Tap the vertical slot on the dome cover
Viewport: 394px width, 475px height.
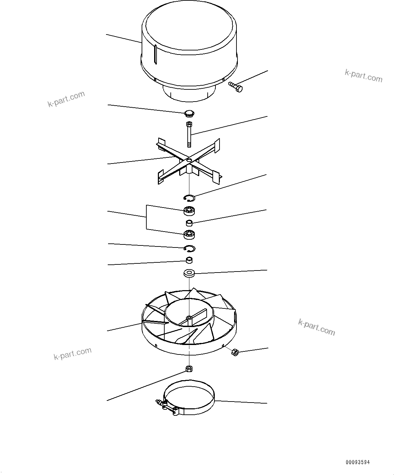pyautogui.click(x=155, y=55)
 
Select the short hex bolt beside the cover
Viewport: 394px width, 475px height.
pyautogui.click(x=236, y=87)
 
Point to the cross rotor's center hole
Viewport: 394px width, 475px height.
pyautogui.click(x=189, y=160)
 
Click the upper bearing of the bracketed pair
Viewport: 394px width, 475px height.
pyautogui.click(x=189, y=211)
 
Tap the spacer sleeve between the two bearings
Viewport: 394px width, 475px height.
pyautogui.click(x=189, y=223)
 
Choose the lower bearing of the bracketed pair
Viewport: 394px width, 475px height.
pyautogui.click(x=189, y=234)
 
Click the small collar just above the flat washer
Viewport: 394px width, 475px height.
pyautogui.click(x=189, y=260)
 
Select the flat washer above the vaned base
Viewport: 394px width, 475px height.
pyautogui.click(x=189, y=273)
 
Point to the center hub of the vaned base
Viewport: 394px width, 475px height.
pyautogui.click(x=189, y=318)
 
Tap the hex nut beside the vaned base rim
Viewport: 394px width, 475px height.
pyautogui.click(x=234, y=352)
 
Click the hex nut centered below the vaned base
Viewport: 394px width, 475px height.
pyautogui.click(x=189, y=368)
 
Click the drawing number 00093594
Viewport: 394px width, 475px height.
pyautogui.click(x=358, y=462)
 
